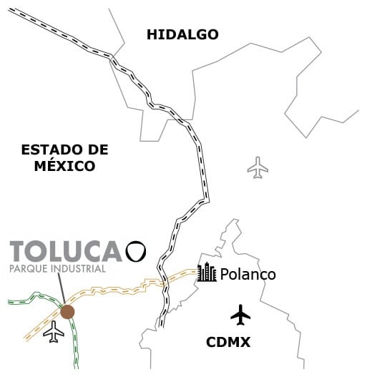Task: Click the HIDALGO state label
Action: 182,34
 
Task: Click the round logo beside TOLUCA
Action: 136,250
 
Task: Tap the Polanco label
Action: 248,275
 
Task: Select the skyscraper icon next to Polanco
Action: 207,273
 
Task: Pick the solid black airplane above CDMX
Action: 241,313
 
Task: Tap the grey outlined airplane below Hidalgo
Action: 258,169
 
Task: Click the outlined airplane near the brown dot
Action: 54,331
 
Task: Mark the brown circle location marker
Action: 67,311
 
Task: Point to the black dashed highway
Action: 202,165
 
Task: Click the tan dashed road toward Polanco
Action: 129,290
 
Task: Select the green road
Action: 77,347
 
